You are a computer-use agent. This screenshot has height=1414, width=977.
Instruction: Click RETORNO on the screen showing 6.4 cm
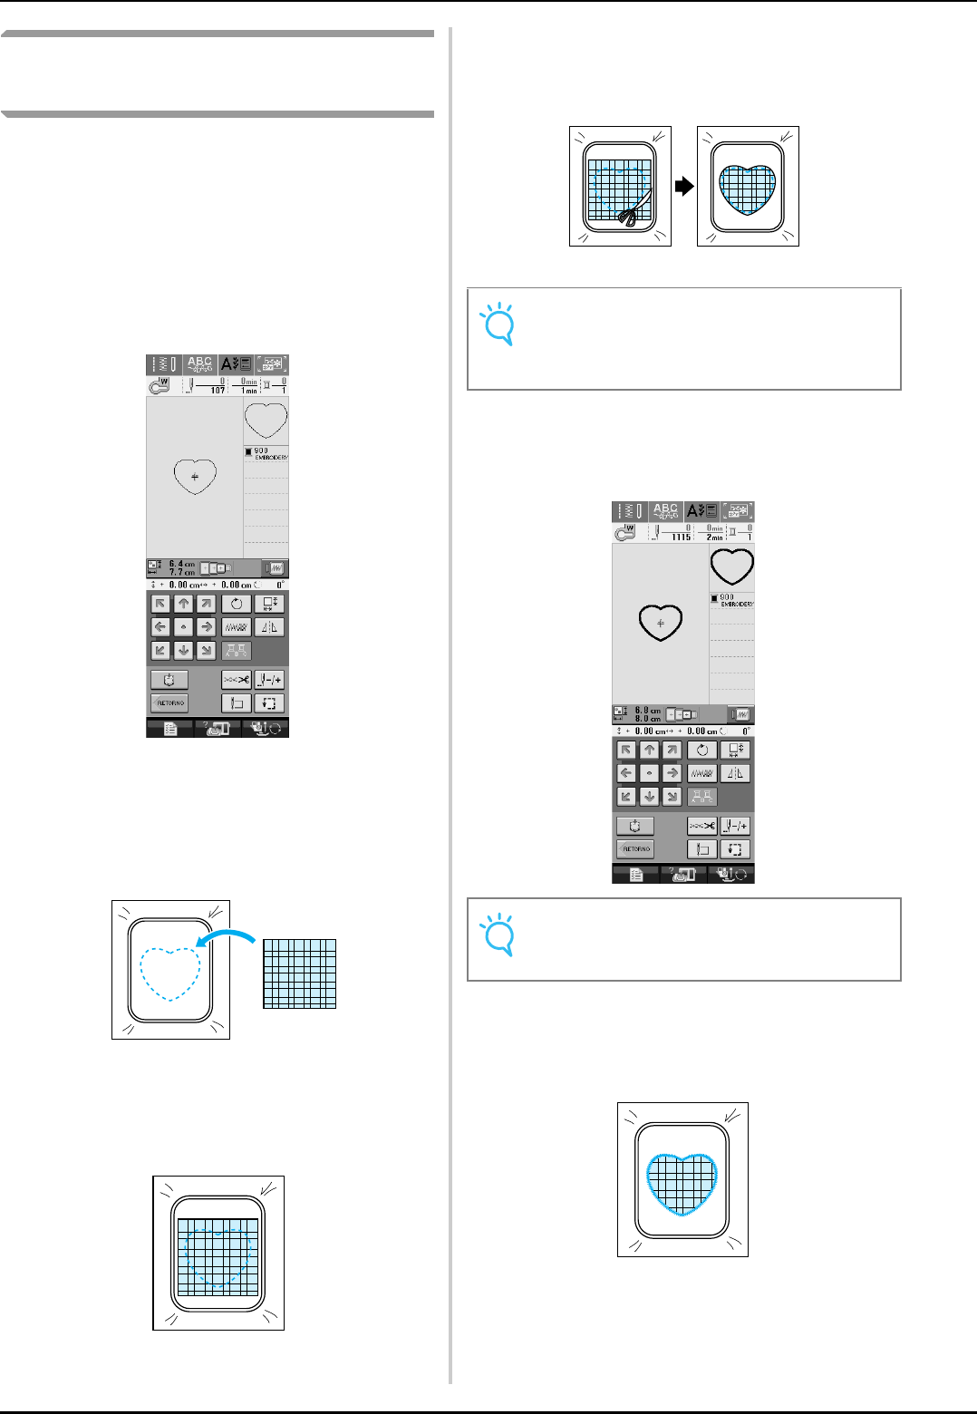(x=169, y=703)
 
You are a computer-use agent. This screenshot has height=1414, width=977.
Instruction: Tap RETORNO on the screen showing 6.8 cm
(x=635, y=849)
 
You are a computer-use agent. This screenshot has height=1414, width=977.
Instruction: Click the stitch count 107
(x=218, y=390)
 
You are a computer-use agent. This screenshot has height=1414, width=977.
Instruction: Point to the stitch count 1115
(x=682, y=537)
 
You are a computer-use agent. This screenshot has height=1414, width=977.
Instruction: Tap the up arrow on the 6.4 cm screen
(x=184, y=604)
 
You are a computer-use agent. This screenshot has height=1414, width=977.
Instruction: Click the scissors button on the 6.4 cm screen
(x=237, y=680)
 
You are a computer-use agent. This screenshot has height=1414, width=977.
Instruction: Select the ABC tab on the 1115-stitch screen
(x=666, y=511)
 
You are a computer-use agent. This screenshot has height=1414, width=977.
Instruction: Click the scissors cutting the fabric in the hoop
(x=627, y=214)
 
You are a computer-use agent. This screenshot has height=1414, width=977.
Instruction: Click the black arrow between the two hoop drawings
(x=684, y=186)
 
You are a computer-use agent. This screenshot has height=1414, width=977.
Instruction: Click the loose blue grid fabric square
(x=299, y=973)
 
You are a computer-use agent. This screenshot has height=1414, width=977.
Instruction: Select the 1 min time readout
(x=248, y=390)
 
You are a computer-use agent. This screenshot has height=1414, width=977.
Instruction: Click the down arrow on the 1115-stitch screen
(x=649, y=797)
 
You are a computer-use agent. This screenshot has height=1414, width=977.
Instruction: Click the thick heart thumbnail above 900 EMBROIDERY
(x=731, y=567)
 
